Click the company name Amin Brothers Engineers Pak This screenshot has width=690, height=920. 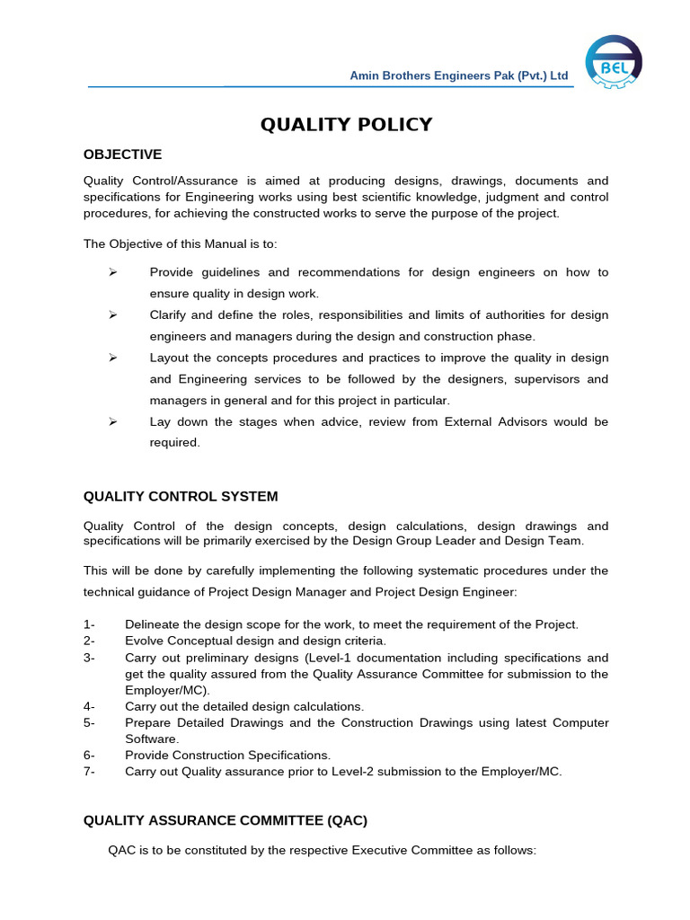459,76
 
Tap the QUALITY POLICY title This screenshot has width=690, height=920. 346,125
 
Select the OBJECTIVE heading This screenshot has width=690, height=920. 122,155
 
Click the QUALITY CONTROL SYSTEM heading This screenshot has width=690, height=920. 181,496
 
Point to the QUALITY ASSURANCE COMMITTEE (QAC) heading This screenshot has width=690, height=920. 225,820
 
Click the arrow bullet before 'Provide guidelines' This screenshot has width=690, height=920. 113,272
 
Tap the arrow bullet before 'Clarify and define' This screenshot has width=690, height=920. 113,315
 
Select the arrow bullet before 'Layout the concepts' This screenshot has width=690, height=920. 113,358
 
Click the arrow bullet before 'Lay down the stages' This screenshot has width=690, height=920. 113,421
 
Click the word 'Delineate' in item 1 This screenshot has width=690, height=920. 153,624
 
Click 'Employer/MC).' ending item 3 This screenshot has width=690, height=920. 167,690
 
